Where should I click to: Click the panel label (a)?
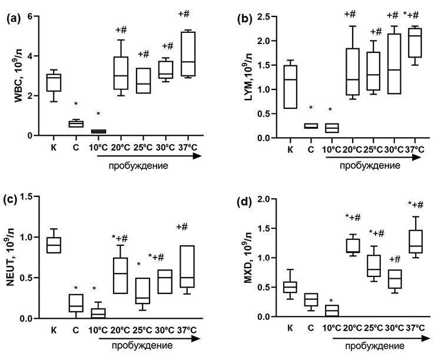(14, 19)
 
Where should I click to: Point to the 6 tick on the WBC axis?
(35, 16)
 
